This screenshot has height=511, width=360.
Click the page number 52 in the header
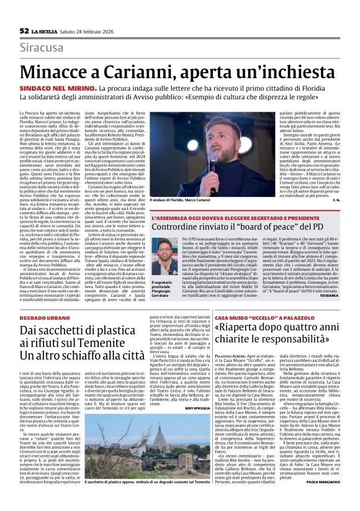pyautogui.click(x=24, y=30)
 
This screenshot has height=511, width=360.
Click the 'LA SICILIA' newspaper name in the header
pyautogui.click(x=47, y=30)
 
